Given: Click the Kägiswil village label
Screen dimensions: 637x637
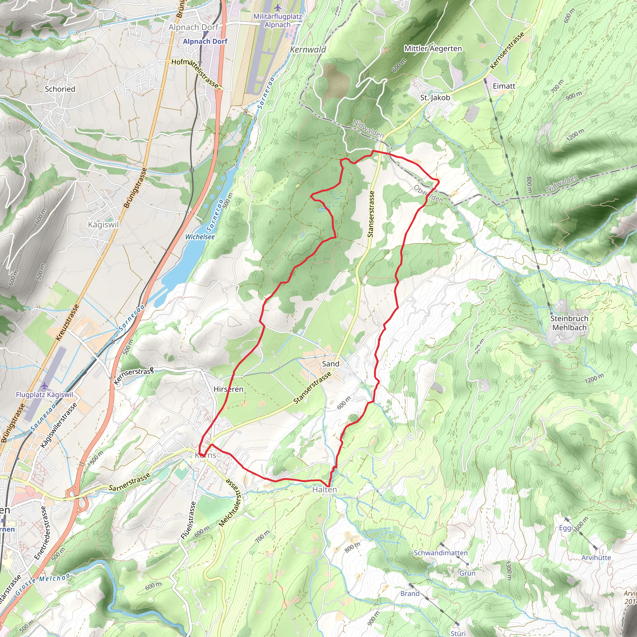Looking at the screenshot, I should click(x=103, y=225).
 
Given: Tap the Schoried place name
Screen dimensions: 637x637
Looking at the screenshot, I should click(x=60, y=89).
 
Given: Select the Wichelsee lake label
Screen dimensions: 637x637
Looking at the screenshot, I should click(x=200, y=237).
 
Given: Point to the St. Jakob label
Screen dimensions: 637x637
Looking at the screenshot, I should click(x=435, y=98).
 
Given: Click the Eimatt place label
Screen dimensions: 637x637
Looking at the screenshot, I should click(x=504, y=86).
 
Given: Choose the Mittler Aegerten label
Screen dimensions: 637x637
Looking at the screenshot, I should click(x=433, y=49).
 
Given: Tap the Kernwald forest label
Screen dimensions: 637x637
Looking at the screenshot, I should click(x=308, y=49).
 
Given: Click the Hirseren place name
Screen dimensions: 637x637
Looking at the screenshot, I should click(x=229, y=389).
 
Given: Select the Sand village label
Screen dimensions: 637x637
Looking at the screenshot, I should click(x=330, y=364).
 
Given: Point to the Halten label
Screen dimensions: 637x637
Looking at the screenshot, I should click(x=324, y=490).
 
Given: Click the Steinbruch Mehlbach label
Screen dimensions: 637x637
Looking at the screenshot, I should click(x=569, y=323).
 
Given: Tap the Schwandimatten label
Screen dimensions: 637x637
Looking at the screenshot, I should click(x=440, y=553).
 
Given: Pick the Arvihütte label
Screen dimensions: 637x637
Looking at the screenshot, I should click(x=596, y=558).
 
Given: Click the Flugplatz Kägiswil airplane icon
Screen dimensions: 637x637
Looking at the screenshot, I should click(x=44, y=386).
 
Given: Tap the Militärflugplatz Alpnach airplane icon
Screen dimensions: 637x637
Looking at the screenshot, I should click(x=278, y=7).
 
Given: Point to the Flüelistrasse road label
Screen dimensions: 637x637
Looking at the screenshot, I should click(x=188, y=520).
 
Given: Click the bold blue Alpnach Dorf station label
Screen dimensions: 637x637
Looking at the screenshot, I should click(x=205, y=41).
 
